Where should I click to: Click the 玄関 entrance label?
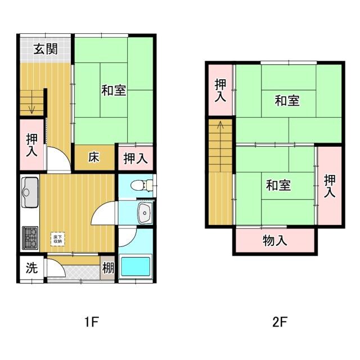(45, 49)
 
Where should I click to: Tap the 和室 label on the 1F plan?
(114, 89)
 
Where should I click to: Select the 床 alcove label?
(93, 157)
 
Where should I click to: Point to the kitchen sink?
(30, 191)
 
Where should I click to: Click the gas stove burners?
(30, 237)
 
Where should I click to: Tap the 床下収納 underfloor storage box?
(58, 238)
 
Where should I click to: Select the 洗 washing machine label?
(31, 268)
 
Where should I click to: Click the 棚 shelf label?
(107, 268)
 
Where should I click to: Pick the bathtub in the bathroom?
(136, 266)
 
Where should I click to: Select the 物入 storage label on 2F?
(275, 241)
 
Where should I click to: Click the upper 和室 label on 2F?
(287, 101)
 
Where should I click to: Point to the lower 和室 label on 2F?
(278, 184)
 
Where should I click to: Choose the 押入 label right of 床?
(136, 158)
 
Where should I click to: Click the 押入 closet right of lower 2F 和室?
(330, 186)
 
